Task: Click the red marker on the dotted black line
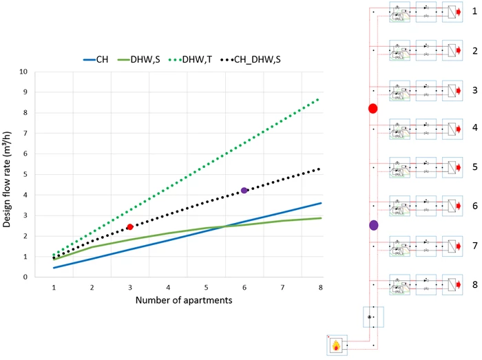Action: [130, 226]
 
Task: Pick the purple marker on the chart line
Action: [244, 190]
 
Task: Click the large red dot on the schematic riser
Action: [373, 109]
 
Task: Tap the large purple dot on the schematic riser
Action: [373, 225]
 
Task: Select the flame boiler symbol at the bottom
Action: [337, 345]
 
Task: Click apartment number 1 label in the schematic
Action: [475, 12]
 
